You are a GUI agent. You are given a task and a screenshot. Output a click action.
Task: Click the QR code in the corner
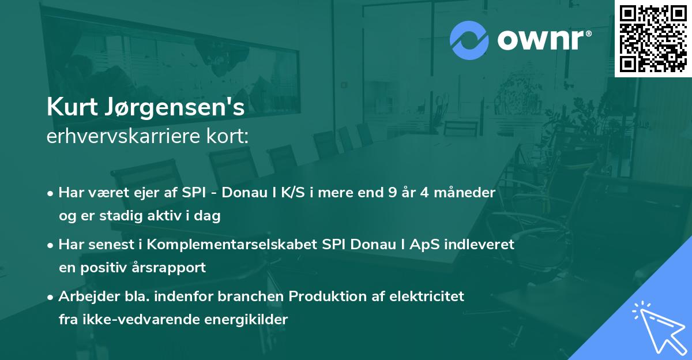[653, 38]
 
